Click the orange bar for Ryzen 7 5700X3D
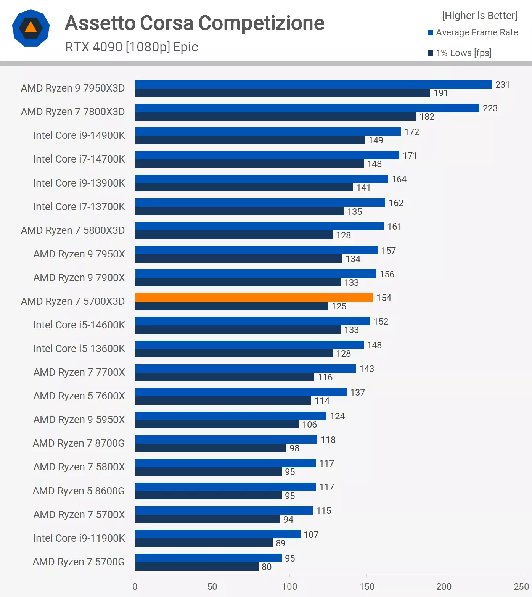click(254, 298)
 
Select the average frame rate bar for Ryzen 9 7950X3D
click(313, 84)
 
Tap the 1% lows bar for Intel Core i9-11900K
click(204, 543)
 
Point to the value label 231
click(502, 85)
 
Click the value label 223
click(490, 108)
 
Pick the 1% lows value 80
click(267, 567)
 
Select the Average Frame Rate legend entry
click(477, 33)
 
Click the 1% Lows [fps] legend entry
click(463, 53)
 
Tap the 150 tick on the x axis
click(367, 587)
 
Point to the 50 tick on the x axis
click(212, 587)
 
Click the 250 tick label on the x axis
click(521, 587)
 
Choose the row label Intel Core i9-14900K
click(79, 135)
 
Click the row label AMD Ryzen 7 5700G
click(79, 562)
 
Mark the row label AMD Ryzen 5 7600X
click(79, 396)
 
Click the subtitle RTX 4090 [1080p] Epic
click(132, 47)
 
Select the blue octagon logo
click(31, 28)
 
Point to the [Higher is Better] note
click(479, 16)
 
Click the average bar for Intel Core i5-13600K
click(249, 345)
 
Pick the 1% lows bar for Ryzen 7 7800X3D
click(275, 116)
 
